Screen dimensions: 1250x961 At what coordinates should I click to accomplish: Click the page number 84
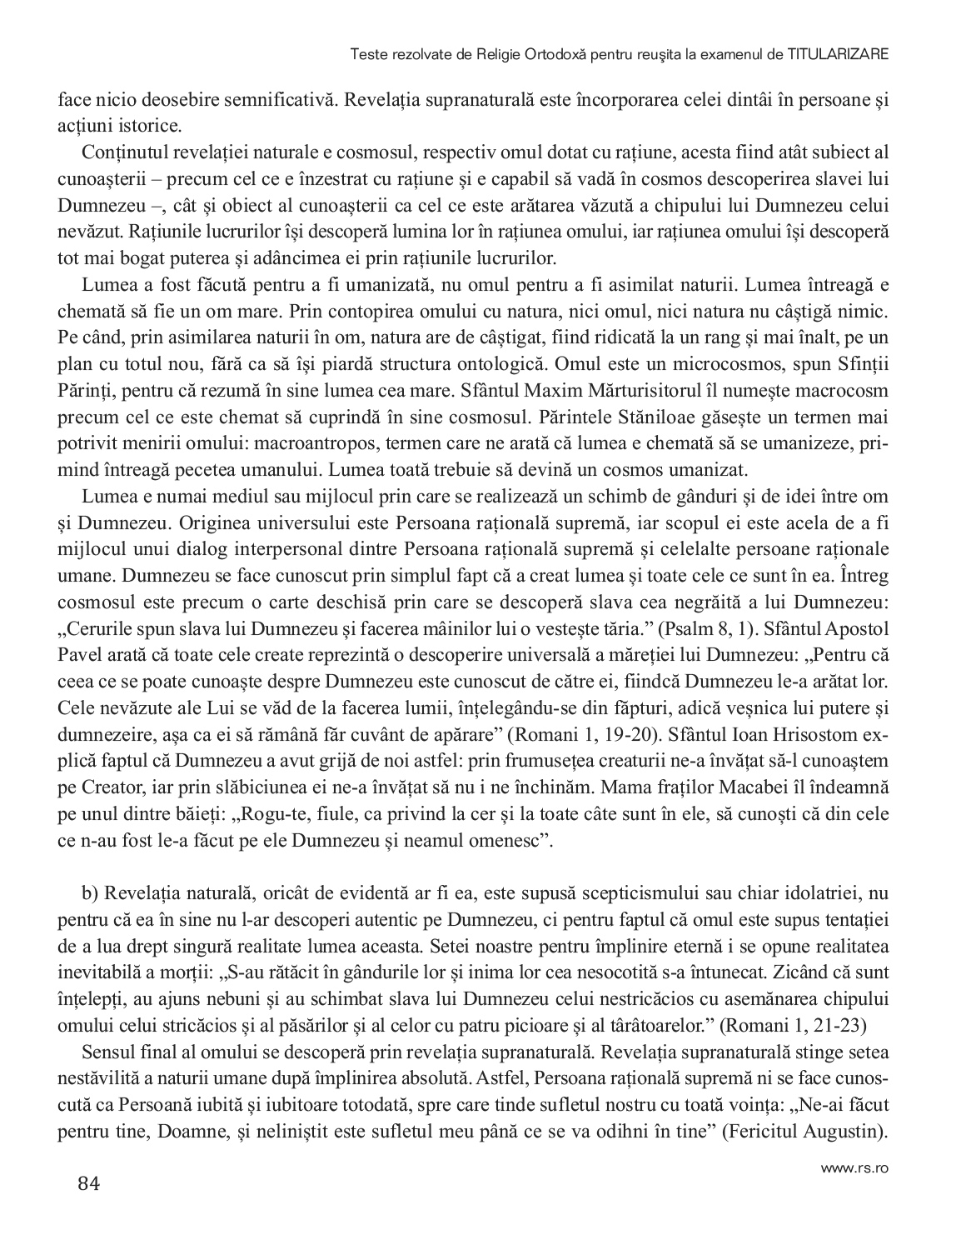click(89, 1182)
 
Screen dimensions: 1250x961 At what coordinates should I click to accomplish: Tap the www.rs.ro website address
click(855, 1168)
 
